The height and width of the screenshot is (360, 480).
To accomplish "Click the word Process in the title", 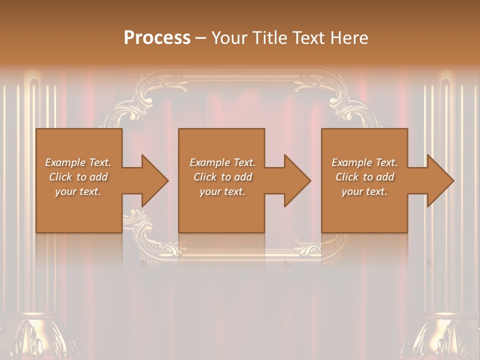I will point(157,38).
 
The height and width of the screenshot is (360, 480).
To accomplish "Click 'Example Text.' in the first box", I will point(78,162).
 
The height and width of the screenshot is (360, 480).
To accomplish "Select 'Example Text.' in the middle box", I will point(222,162).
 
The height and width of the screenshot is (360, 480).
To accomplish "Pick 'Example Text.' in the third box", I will point(364,162).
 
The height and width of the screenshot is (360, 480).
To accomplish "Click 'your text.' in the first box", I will point(78,191).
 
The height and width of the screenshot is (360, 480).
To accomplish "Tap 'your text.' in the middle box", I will point(222,191).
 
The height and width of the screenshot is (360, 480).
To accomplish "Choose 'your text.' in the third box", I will point(364,191).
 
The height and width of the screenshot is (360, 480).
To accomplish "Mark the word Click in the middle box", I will point(205,177).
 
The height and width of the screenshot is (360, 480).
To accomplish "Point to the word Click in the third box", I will point(347,177).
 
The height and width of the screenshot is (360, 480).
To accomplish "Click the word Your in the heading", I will point(229,38).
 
